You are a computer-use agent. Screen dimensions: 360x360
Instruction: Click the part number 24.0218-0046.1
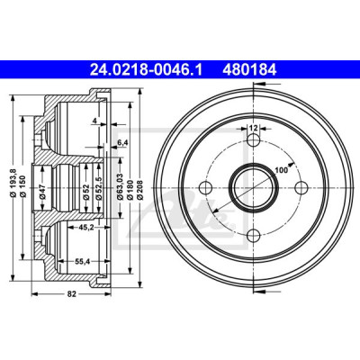coord(147,70)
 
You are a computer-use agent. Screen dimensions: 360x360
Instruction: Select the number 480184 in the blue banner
coord(249,70)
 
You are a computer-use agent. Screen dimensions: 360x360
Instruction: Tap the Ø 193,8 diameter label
coord(13,183)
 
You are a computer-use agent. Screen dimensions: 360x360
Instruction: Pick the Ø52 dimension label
coord(86,193)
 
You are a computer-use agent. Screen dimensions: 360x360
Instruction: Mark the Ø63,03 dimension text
coord(121,186)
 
